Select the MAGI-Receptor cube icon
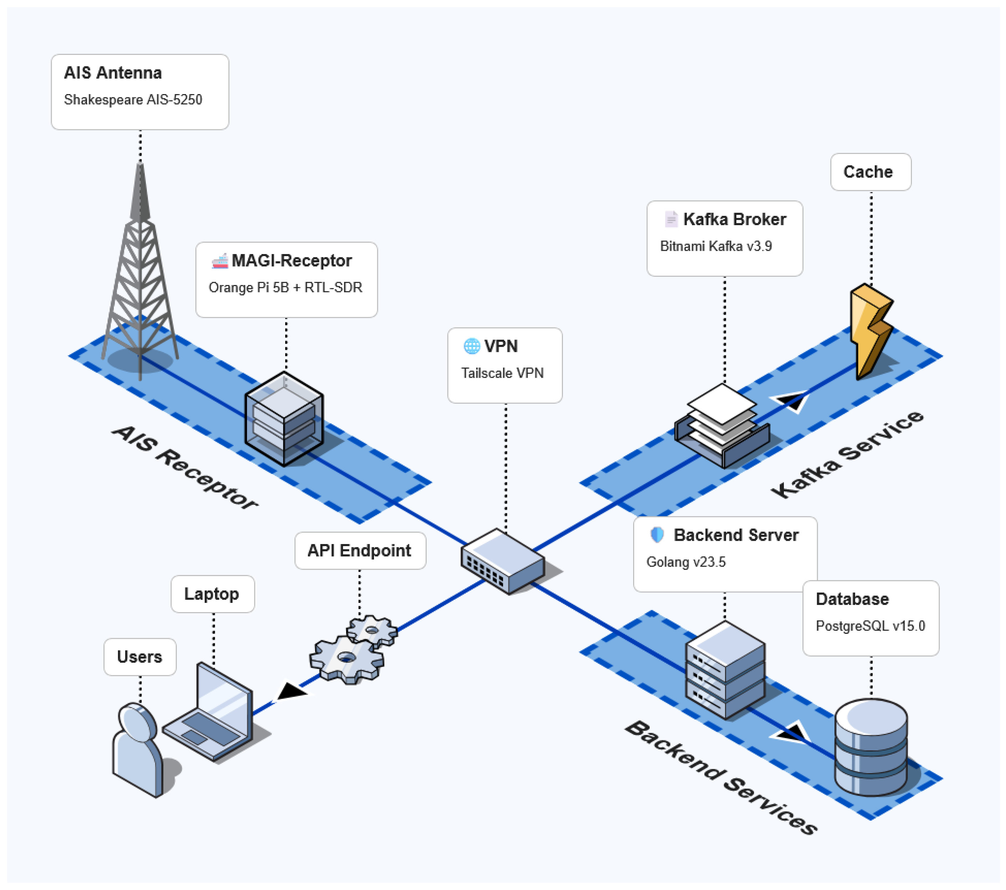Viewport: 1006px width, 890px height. click(284, 419)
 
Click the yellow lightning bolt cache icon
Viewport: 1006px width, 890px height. click(872, 332)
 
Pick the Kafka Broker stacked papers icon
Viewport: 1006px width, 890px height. click(722, 425)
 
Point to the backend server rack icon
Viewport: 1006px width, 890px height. click(725, 669)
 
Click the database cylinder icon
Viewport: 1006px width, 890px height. click(871, 747)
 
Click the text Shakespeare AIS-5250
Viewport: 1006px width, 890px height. click(133, 100)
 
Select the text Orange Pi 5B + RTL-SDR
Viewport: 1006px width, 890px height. click(286, 287)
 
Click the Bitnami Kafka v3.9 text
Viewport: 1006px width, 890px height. click(716, 246)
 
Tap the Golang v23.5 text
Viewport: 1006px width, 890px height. click(686, 562)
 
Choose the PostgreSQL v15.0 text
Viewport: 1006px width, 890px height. click(871, 626)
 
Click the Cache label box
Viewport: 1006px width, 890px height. click(871, 172)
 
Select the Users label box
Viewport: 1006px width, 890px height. click(140, 657)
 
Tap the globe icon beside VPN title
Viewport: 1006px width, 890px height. click(472, 346)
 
